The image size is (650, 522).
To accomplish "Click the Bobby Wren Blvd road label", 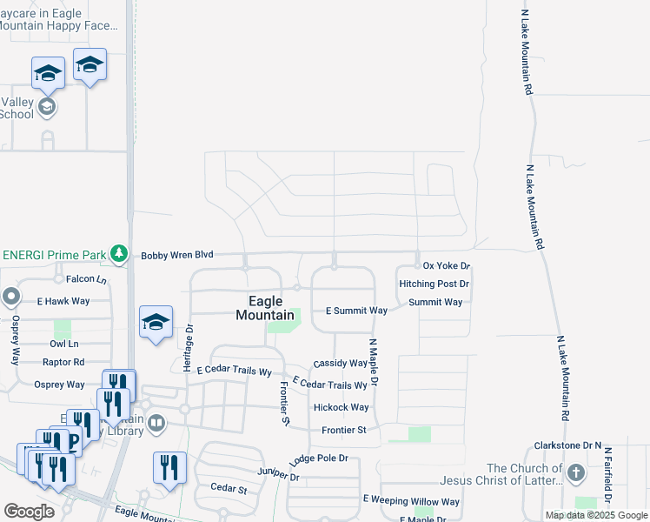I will (x=177, y=255).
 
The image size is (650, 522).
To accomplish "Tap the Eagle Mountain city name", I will (x=264, y=309).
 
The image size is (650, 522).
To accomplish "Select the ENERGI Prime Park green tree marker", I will (x=120, y=255).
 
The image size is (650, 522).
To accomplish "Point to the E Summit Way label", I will (x=356, y=311).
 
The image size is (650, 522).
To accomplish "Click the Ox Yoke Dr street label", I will (x=446, y=265).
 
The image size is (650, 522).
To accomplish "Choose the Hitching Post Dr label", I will (x=434, y=284).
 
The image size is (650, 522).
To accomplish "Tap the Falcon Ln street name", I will (x=85, y=279).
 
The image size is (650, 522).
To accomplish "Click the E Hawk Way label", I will (x=63, y=301).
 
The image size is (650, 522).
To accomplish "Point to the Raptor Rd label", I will (x=65, y=362).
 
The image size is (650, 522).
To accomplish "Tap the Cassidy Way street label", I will (x=341, y=363).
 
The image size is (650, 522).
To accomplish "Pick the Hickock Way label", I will (x=342, y=407).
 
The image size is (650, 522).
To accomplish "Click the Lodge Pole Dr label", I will (x=320, y=458).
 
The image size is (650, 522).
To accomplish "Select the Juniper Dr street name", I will (x=278, y=475).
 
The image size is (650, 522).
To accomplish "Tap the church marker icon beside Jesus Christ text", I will (x=575, y=474).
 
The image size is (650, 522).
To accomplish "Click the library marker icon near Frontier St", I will (x=157, y=424).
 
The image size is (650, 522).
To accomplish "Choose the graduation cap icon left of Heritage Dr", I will (x=156, y=323).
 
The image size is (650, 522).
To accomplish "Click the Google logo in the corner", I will (x=29, y=512).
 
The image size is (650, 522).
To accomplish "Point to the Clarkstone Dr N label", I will (x=568, y=445).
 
